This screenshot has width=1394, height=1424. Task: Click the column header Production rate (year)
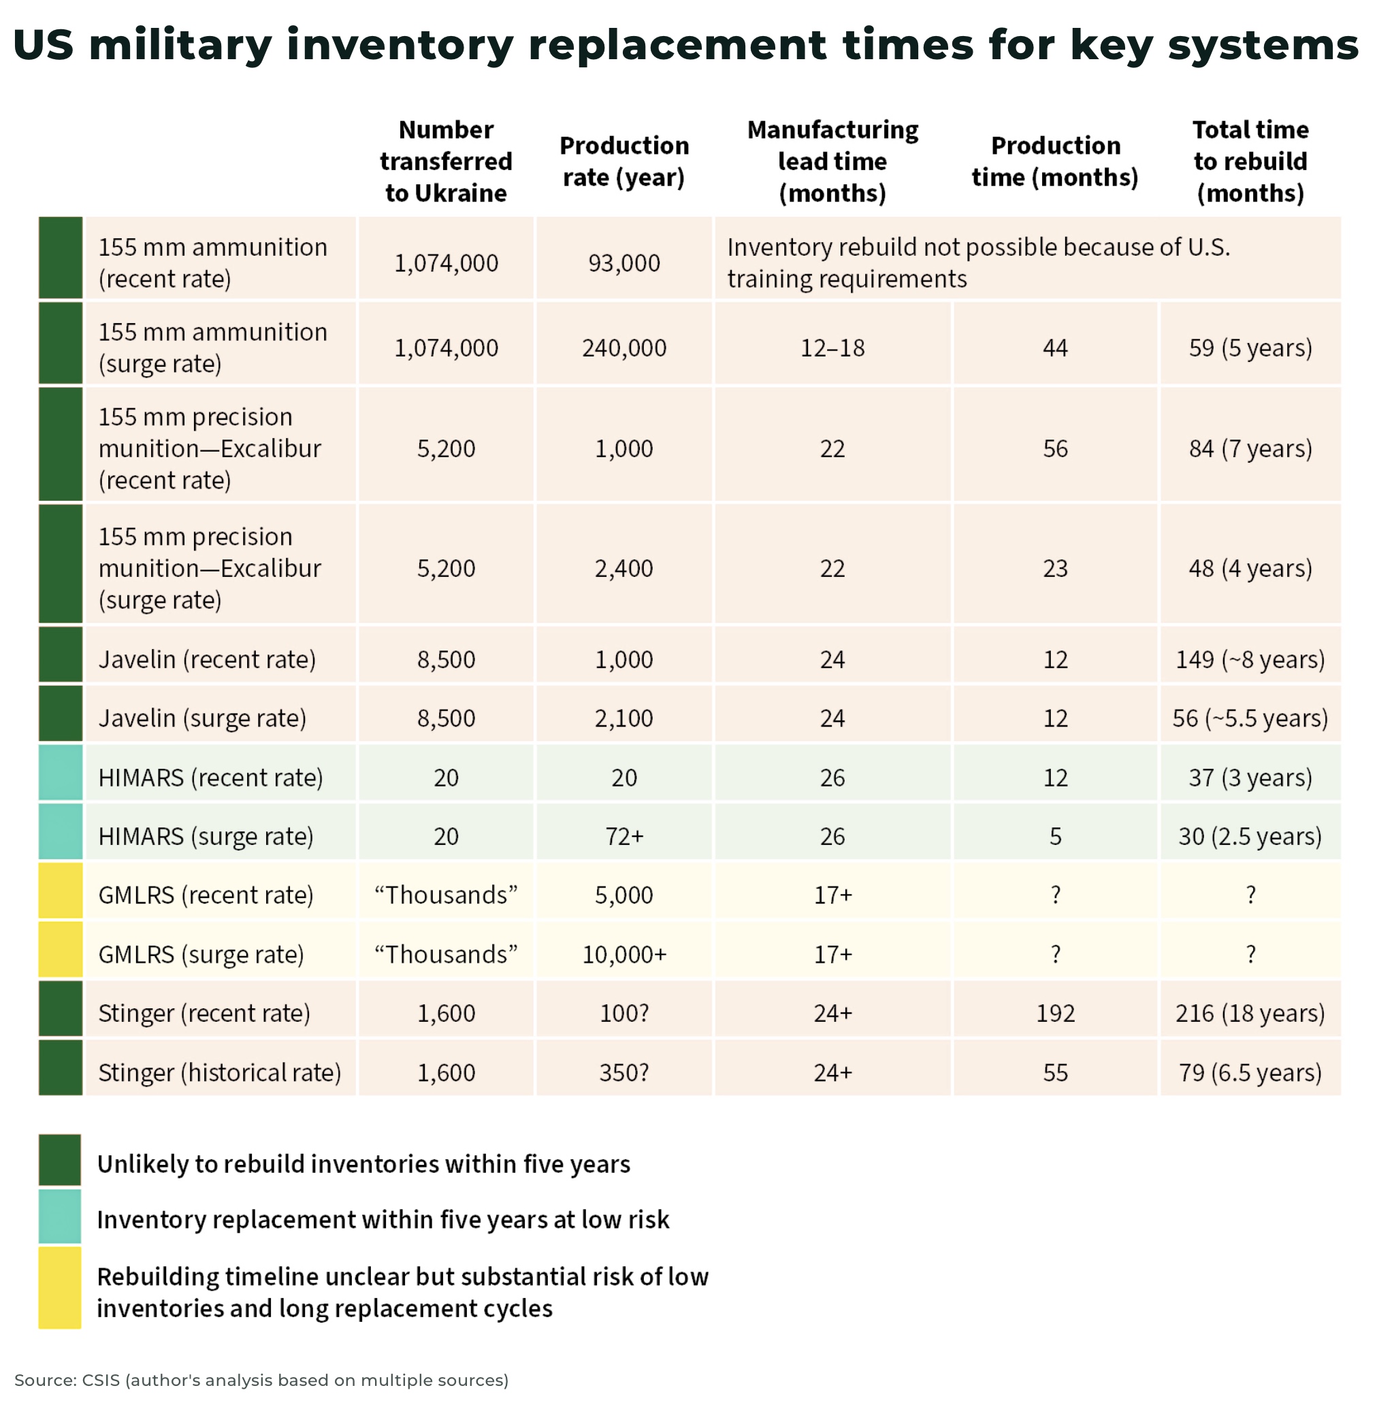pos(623,161)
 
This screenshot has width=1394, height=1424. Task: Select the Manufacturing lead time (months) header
pos(832,161)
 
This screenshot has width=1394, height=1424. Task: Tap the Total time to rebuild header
pos(1250,161)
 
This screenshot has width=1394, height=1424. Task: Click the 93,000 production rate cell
pos(623,263)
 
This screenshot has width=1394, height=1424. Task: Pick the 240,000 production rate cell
pos(623,348)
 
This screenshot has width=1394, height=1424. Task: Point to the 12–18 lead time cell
pos(832,348)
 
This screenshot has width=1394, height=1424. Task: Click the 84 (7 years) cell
pos(1250,448)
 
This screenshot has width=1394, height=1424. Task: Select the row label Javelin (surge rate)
pos(202,718)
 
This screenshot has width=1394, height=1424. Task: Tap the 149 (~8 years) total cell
pos(1250,659)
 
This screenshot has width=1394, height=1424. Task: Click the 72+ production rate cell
pos(623,835)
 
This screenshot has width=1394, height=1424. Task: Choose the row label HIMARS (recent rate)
pos(210,777)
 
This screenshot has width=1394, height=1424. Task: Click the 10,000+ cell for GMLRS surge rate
pos(623,955)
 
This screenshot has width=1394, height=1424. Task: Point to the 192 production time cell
pos(1055,1013)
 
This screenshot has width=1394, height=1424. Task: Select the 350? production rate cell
pos(623,1072)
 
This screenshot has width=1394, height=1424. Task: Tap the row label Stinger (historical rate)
pos(220,1072)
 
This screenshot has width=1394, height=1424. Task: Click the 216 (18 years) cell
pos(1250,1013)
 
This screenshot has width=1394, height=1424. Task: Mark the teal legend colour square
pos(60,1219)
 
